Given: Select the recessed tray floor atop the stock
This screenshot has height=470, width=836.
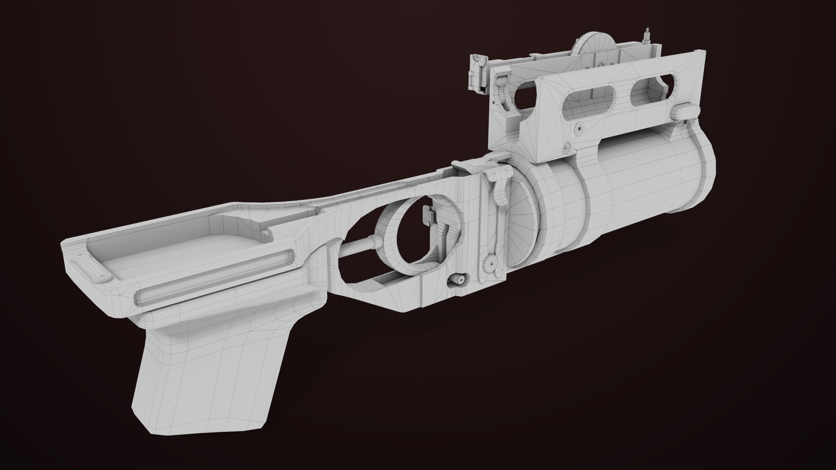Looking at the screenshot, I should click(x=183, y=251).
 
